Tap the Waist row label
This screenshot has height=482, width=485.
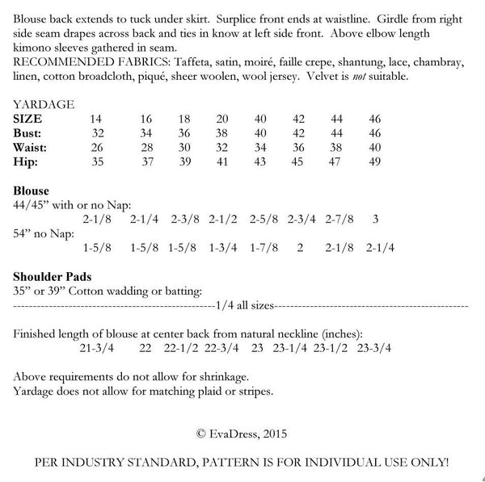[x=33, y=147]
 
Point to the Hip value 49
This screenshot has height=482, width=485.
[x=374, y=161]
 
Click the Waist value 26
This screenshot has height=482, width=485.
[x=98, y=147]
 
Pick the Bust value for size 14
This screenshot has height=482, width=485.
[x=98, y=132]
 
